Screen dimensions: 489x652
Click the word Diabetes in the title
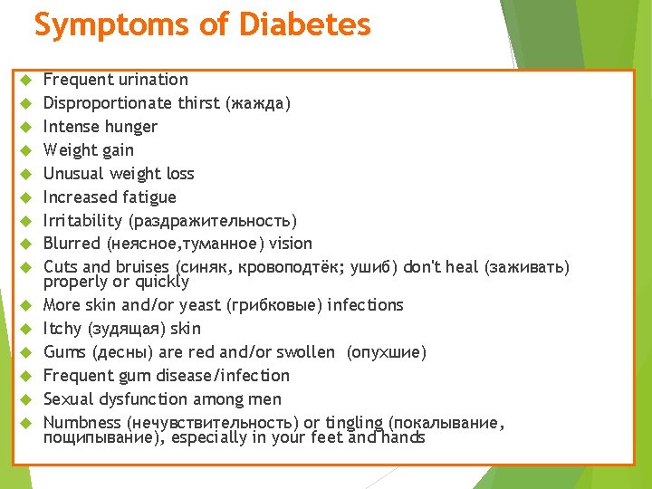pyautogui.click(x=304, y=24)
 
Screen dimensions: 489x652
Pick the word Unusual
pyautogui.click(x=72, y=174)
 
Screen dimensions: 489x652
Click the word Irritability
pyautogui.click(x=82, y=221)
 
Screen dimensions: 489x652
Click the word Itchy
pyautogui.click(x=62, y=329)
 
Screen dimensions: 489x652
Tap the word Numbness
pyautogui.click(x=82, y=423)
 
